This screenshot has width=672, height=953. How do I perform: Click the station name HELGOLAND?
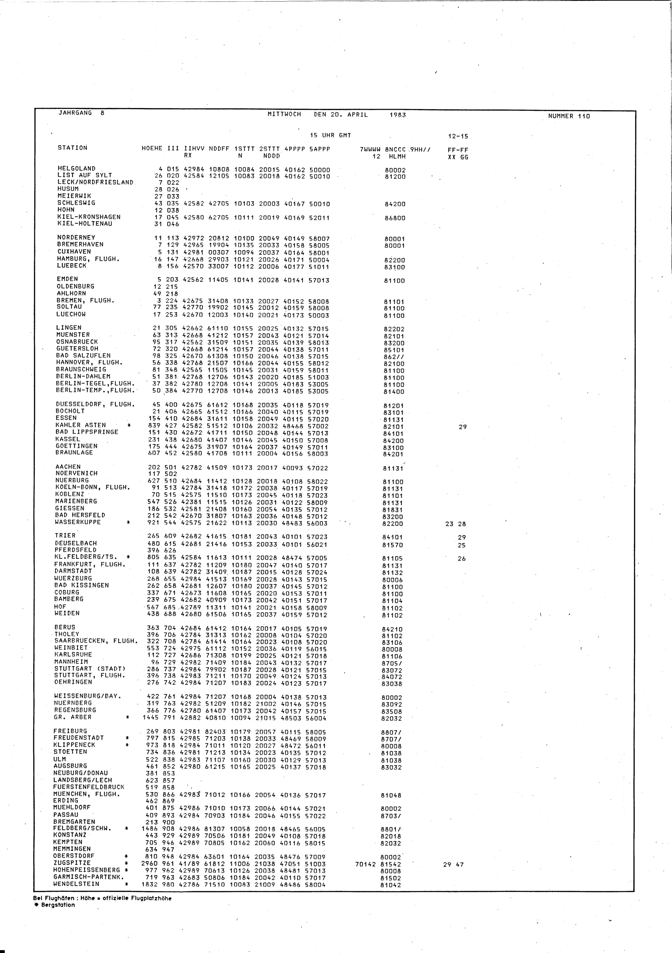(76, 168)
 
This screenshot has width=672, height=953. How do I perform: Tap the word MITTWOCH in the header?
(284, 114)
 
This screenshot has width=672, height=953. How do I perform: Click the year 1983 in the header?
(397, 115)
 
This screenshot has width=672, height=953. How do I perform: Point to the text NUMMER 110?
(569, 116)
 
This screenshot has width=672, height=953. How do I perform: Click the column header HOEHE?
(152, 148)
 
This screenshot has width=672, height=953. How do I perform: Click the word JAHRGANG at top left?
(75, 113)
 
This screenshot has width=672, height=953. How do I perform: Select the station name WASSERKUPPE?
(78, 522)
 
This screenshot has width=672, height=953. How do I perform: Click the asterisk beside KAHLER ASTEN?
(129, 425)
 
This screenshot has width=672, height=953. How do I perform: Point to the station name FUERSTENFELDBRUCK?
(88, 787)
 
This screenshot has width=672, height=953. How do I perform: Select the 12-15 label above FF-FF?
(458, 137)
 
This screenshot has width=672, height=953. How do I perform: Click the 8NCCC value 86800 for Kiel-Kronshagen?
(395, 218)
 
